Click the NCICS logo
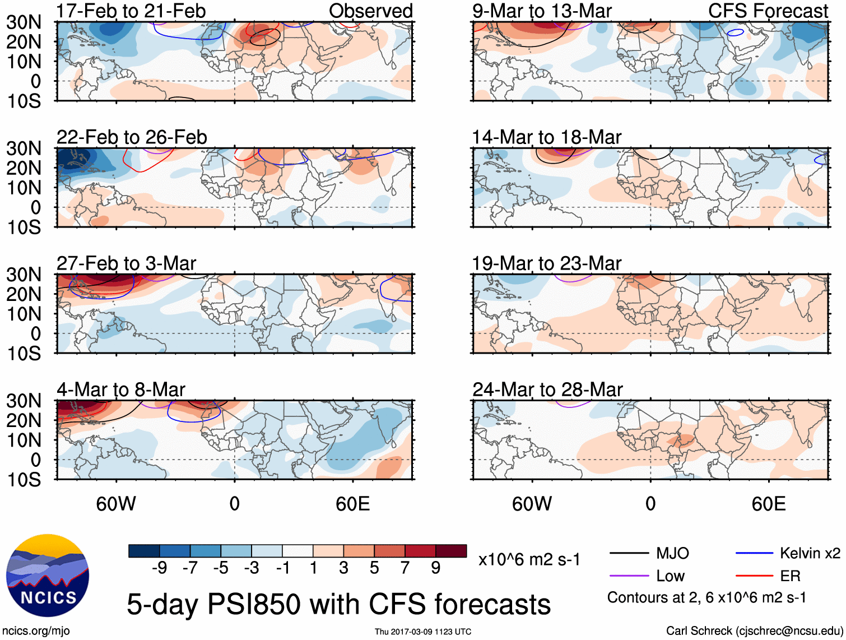click(x=48, y=576)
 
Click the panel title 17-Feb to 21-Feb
click(x=131, y=11)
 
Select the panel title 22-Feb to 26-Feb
click(x=132, y=137)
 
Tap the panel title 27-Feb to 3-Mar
click(x=126, y=263)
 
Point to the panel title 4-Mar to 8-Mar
click(x=120, y=389)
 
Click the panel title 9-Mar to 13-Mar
click(x=542, y=11)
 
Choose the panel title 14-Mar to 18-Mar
click(x=547, y=137)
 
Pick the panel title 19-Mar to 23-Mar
click(x=547, y=263)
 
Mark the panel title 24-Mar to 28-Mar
click(x=547, y=389)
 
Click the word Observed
click(x=371, y=11)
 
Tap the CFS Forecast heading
click(x=768, y=11)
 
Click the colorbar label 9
click(x=436, y=568)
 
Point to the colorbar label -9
click(x=159, y=568)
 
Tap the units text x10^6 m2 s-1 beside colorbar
click(x=529, y=560)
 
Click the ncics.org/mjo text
click(x=36, y=631)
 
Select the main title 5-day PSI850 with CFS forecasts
click(x=338, y=605)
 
